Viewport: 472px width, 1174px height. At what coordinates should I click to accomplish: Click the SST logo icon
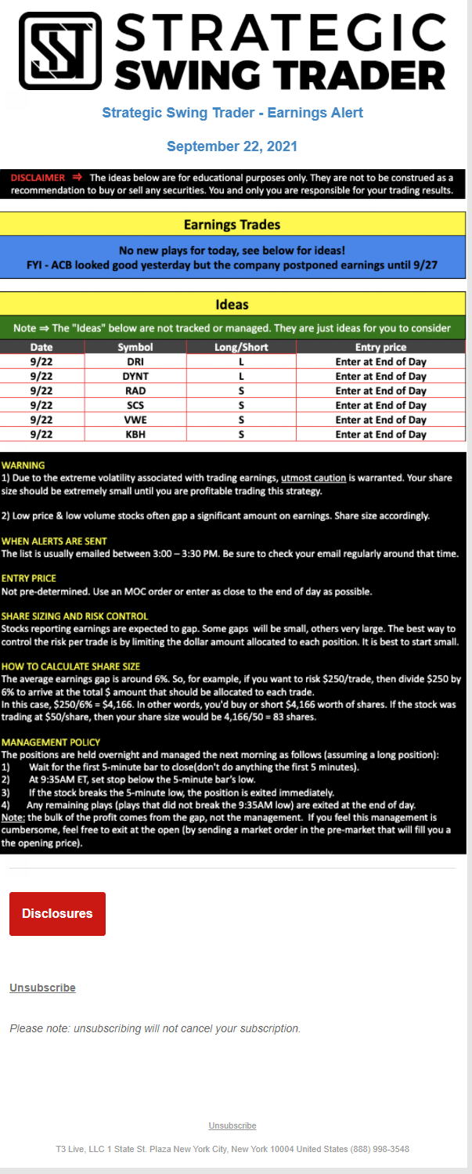[60, 50]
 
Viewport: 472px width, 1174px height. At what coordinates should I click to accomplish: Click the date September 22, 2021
[232, 146]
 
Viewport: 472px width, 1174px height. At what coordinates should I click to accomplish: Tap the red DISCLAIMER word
[38, 179]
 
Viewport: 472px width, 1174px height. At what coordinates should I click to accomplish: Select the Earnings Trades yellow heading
[232, 225]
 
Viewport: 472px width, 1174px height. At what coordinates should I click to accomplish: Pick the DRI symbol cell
[135, 362]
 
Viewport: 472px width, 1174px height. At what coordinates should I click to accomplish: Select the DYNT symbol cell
[135, 376]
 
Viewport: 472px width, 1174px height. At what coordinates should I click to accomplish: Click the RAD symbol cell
[135, 391]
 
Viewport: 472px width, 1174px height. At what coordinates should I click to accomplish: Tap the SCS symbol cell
[135, 405]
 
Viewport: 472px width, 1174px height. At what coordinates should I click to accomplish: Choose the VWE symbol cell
[135, 420]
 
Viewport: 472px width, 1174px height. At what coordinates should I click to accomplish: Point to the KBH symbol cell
[135, 434]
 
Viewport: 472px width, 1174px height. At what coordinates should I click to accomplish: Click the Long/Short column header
[241, 347]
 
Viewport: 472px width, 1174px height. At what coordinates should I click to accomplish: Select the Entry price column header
[380, 347]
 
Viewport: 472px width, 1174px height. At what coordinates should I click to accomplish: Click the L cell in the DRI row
[241, 362]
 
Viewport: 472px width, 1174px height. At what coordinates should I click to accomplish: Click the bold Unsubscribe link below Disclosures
[42, 988]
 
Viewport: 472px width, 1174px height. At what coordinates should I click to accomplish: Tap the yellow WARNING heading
[23, 465]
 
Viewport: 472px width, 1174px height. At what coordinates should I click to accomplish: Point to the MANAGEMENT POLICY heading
[50, 742]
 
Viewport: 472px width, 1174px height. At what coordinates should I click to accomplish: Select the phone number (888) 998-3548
[380, 1149]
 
